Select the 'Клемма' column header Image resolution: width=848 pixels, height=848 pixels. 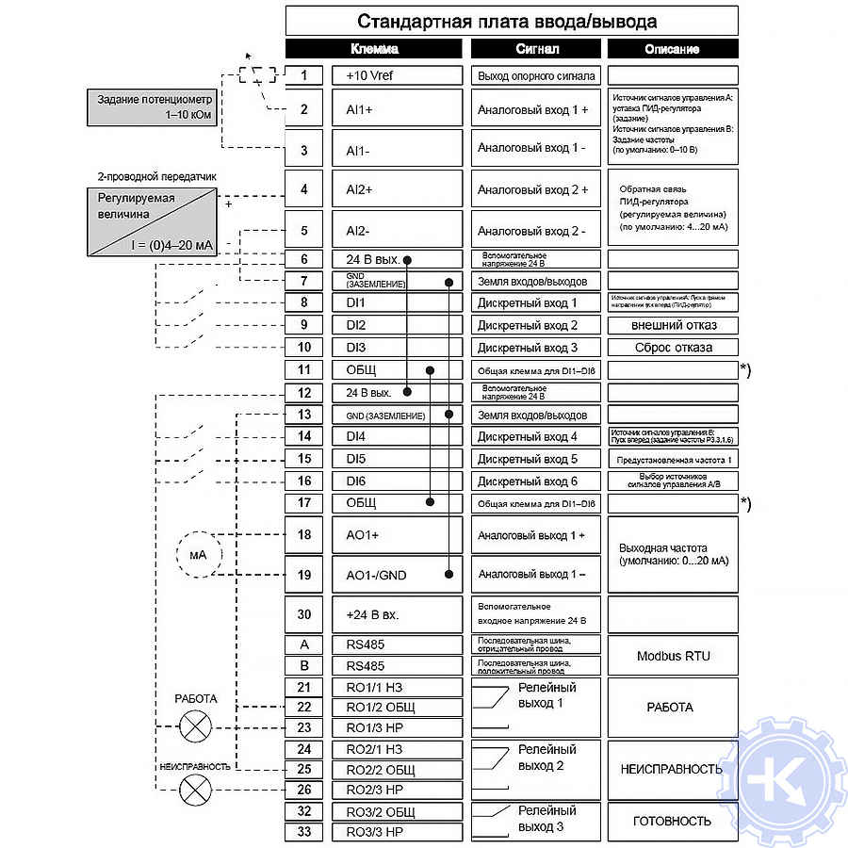point(374,49)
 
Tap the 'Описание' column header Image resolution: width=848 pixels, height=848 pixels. point(672,49)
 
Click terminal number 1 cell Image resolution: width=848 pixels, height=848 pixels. point(303,75)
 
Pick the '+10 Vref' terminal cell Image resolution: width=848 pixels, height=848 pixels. point(397,75)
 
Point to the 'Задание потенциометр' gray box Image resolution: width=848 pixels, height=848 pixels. point(155,106)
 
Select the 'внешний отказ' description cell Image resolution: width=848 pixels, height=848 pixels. point(672,325)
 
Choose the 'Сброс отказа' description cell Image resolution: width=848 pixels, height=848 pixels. point(672,347)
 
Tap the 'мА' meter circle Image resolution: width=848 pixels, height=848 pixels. point(198,554)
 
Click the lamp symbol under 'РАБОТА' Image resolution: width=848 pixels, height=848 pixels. point(195,726)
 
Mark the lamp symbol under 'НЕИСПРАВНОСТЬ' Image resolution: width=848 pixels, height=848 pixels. point(195,790)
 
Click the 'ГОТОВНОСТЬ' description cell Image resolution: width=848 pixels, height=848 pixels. point(672,821)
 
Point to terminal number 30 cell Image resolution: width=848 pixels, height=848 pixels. point(303,614)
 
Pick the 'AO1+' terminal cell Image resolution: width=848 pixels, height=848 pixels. point(397,534)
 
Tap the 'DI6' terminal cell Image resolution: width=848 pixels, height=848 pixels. point(397,481)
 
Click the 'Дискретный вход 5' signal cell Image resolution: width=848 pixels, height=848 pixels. point(533,459)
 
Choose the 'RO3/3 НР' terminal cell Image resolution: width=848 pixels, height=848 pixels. point(397,832)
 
